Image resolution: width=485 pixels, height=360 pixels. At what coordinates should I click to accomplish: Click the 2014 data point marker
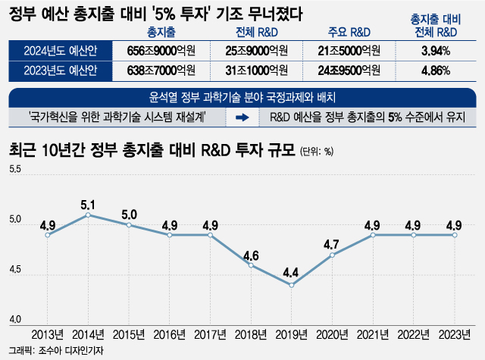click(89, 215)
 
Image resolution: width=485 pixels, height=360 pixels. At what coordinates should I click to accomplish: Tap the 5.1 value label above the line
click(89, 205)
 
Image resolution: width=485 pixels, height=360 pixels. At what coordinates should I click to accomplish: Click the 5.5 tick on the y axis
click(15, 169)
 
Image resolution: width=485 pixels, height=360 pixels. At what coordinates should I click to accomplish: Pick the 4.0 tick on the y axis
click(15, 319)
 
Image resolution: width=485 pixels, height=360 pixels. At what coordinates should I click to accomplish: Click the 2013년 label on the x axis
click(47, 334)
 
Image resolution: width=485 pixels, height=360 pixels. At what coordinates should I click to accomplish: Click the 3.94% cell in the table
click(435, 52)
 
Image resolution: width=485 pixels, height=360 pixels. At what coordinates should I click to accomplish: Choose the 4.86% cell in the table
click(435, 71)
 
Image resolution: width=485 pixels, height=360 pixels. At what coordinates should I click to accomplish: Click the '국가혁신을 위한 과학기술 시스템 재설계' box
click(118, 117)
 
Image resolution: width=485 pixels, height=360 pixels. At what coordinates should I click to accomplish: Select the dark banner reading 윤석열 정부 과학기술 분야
click(242, 99)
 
